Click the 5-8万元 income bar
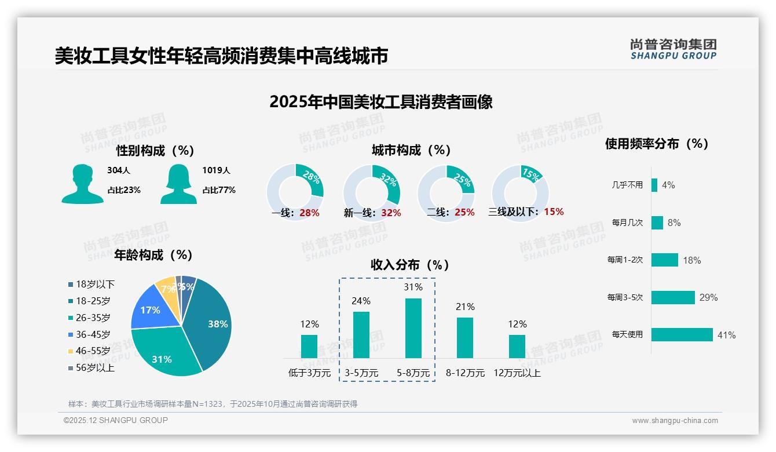point(413,328)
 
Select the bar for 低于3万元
point(309,346)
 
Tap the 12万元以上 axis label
point(517,373)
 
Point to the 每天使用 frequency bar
point(682,335)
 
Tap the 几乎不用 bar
point(654,185)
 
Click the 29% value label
point(708,298)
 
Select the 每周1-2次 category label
point(625,260)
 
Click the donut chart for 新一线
point(371,192)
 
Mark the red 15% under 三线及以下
point(554,212)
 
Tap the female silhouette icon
point(178,184)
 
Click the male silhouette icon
point(83,184)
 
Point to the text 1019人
point(216,171)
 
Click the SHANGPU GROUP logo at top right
point(673,49)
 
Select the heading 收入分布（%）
point(410,265)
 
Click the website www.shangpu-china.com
point(675,421)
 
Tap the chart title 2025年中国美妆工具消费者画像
point(381,102)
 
